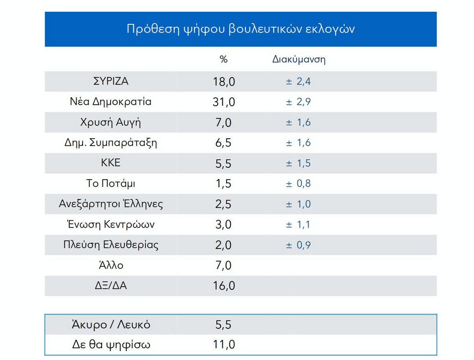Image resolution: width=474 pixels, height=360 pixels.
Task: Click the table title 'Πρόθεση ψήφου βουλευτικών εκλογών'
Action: point(240,29)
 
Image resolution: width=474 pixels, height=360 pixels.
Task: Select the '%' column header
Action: point(224,60)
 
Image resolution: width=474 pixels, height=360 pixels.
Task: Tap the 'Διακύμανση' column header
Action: point(299,60)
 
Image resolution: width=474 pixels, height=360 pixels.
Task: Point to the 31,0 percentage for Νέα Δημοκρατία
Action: point(224,102)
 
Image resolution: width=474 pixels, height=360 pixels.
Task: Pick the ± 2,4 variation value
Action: point(298,81)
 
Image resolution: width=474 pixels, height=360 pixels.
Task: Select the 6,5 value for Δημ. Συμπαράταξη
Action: point(224,143)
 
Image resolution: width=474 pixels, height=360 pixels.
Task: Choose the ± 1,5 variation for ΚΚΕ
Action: point(298,163)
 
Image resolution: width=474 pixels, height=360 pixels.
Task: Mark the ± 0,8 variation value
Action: point(298,184)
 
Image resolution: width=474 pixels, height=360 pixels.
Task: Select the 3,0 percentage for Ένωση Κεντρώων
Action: point(224,225)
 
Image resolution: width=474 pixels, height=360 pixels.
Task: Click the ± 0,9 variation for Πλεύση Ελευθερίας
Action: point(298,245)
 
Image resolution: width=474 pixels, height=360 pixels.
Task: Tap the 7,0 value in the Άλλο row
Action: point(224,266)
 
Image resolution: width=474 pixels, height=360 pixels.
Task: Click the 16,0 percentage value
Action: point(224,286)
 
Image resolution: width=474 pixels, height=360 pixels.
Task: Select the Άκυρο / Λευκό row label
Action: point(111,325)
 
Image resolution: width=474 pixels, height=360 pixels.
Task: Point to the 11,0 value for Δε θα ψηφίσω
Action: point(224,345)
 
